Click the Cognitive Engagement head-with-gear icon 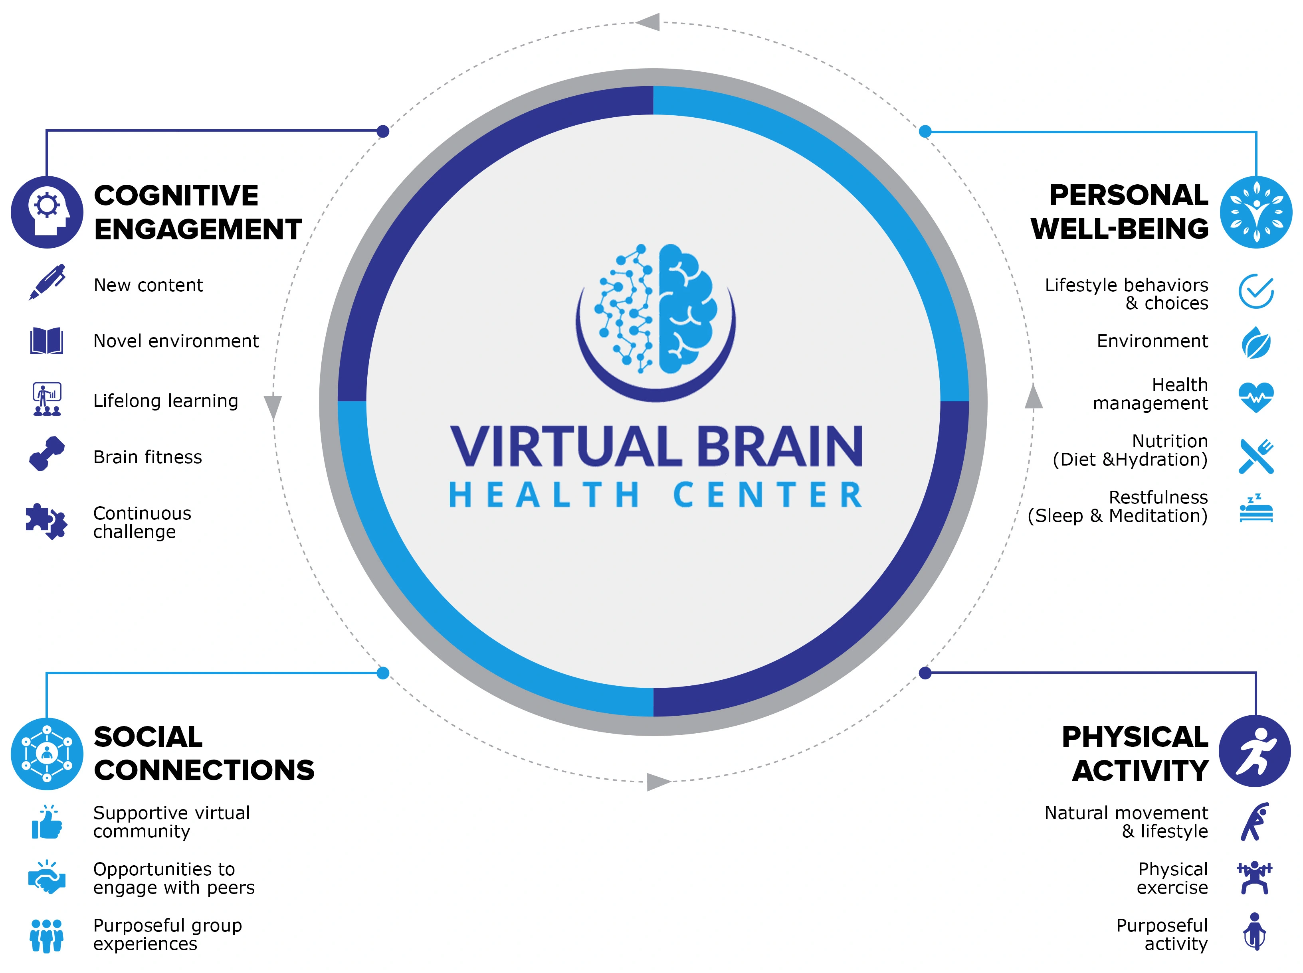47,212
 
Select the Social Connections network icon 47,754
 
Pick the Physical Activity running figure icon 1255,751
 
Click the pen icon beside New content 47,282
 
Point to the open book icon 47,340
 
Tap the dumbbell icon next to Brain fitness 47,453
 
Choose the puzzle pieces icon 47,521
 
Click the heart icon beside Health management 1256,397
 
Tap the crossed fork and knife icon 1256,456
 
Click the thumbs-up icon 47,822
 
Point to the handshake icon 47,877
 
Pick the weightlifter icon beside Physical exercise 1254,877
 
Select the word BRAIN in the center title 780,446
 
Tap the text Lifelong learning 166,401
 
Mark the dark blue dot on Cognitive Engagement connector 383,131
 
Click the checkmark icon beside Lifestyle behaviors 1256,291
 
